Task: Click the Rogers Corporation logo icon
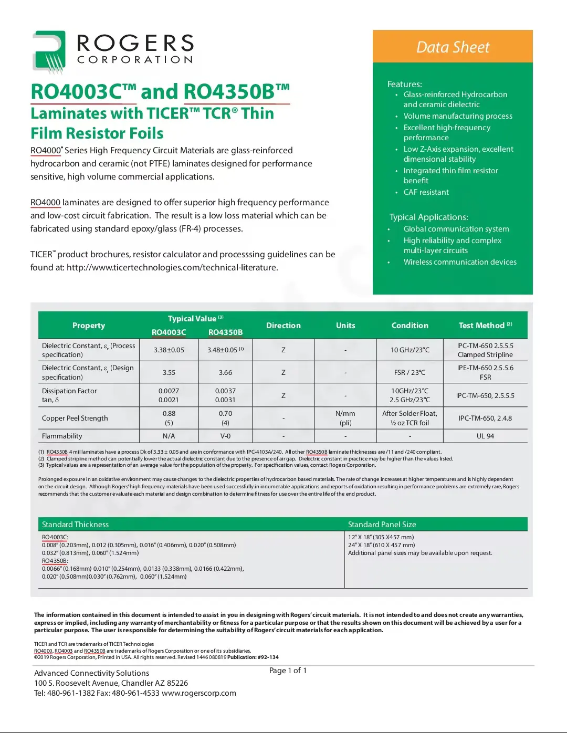[49, 51]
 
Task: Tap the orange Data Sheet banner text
[453, 47]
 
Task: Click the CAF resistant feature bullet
[426, 192]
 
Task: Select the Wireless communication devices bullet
[459, 262]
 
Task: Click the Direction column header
[283, 326]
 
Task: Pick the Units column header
[345, 326]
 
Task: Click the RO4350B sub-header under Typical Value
[225, 332]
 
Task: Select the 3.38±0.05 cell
[169, 350]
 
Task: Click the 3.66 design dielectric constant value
[225, 372]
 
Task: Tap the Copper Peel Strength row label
[75, 418]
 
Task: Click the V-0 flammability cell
[225, 436]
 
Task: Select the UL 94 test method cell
[485, 436]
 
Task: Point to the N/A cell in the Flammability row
[169, 436]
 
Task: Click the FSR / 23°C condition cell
[409, 372]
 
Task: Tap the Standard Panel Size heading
[382, 525]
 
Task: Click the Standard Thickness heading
[75, 525]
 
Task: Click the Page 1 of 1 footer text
[288, 671]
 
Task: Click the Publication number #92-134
[268, 657]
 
